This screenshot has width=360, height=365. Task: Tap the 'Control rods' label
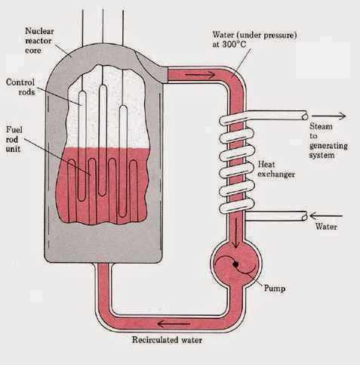pos(23,86)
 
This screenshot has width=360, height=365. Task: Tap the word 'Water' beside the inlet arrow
pos(323,226)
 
